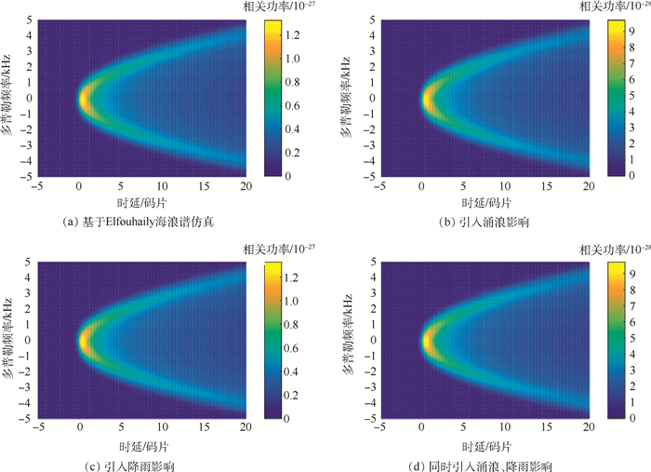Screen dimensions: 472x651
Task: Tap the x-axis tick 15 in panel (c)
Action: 205,429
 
